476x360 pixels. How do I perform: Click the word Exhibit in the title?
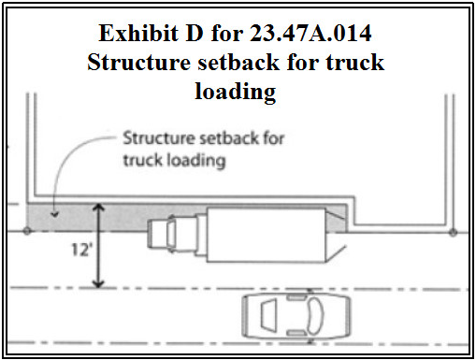138,33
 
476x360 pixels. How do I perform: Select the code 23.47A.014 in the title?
310,33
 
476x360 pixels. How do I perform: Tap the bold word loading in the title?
236,92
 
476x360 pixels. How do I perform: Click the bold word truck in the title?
355,62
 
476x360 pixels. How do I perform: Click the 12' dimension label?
82,250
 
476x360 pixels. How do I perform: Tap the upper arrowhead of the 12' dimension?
98,208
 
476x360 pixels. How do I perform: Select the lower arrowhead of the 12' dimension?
98,283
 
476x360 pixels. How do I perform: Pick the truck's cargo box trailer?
266,236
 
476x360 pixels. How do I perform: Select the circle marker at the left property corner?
27,231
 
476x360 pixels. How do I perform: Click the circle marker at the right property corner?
454,232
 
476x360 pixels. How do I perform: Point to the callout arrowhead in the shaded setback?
55,214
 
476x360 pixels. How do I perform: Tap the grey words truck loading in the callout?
174,160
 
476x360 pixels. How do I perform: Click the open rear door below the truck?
336,253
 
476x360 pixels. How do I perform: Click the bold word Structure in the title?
138,62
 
